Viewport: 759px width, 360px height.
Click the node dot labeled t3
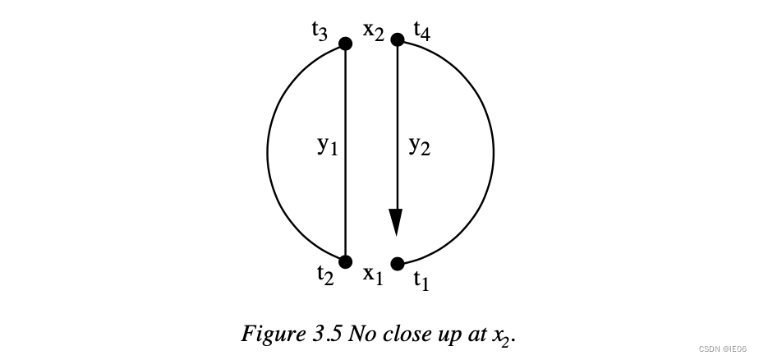tap(346, 43)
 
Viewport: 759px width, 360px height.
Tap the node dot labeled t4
tap(398, 39)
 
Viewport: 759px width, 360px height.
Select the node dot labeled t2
tap(346, 262)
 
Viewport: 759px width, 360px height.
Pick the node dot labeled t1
tap(398, 264)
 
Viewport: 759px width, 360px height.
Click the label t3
tap(320, 30)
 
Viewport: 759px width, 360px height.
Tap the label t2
tap(326, 275)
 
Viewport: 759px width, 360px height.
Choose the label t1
tap(421, 281)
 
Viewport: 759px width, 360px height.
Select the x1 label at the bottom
tap(373, 275)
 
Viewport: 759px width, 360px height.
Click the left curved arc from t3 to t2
tap(268, 152)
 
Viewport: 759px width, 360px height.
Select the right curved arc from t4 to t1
tap(493, 152)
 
